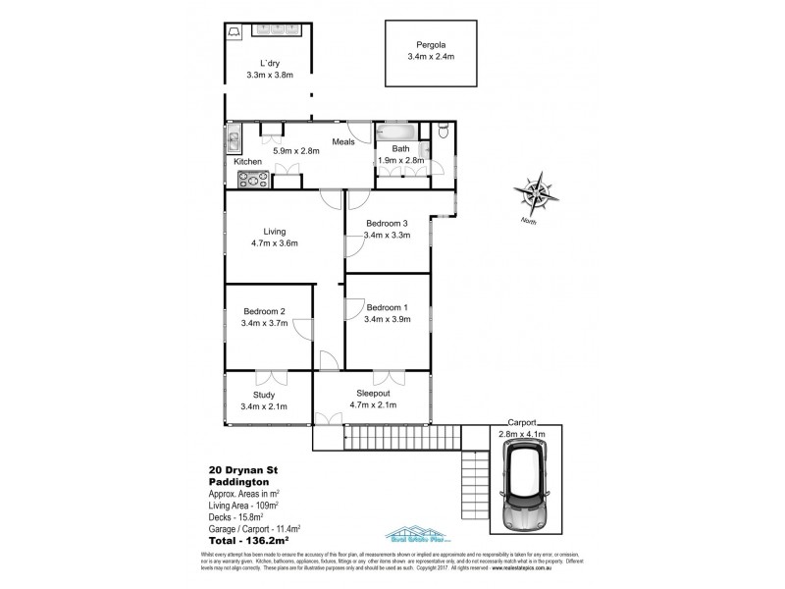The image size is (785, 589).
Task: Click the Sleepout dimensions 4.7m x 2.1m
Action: click(373, 403)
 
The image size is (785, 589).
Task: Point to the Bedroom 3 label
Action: click(385, 223)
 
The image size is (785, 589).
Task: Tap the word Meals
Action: click(342, 141)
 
